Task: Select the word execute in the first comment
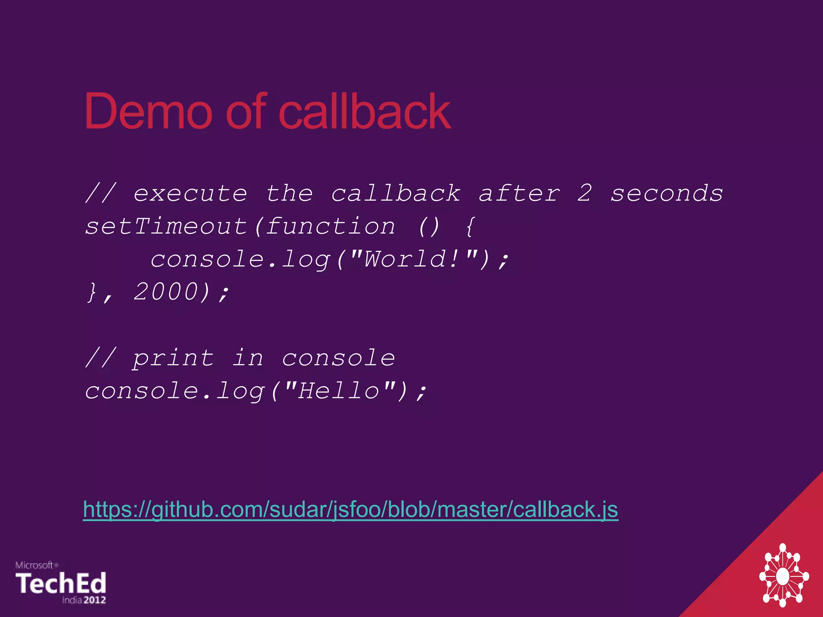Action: pos(190,194)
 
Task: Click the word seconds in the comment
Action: pos(667,194)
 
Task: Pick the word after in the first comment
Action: pos(519,194)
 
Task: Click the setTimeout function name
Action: pos(166,226)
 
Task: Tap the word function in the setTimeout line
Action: pos(331,226)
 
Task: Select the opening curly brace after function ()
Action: pos(470,227)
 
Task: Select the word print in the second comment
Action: pos(173,359)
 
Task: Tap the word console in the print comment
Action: pos(338,359)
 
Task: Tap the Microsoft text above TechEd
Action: pos(35,565)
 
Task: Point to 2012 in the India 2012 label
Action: pos(95,600)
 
